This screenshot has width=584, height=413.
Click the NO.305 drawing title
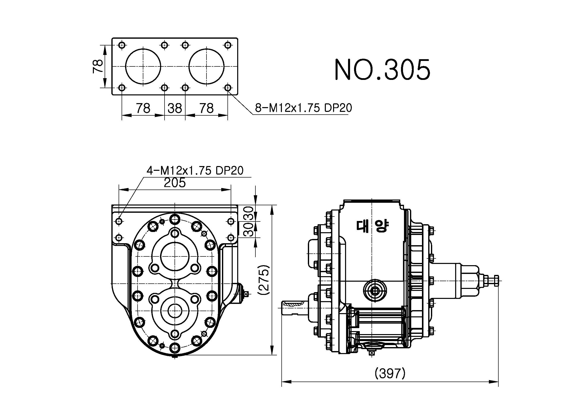(x=382, y=69)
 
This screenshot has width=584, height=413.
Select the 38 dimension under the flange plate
(x=175, y=108)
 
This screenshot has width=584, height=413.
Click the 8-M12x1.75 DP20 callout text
(x=303, y=108)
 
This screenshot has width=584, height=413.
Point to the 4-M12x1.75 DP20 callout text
(x=195, y=170)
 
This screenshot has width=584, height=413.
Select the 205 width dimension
(x=175, y=182)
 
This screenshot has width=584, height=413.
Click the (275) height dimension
(x=263, y=280)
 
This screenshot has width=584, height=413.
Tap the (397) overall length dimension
(x=390, y=373)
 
